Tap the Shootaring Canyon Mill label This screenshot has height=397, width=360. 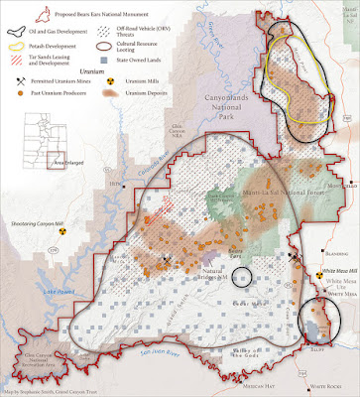click(x=38, y=224)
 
